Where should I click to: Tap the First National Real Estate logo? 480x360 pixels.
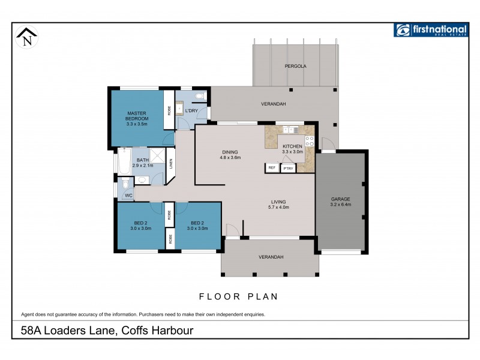pyautogui.click(x=430, y=30)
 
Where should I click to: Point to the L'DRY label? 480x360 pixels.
pyautogui.click(x=191, y=111)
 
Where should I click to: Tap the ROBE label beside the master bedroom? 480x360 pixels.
pyautogui.click(x=169, y=110)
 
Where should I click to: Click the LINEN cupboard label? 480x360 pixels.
pyautogui.click(x=171, y=163)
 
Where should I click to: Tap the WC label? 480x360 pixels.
pyautogui.click(x=128, y=196)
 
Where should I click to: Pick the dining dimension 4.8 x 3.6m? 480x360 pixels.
pyautogui.click(x=230, y=158)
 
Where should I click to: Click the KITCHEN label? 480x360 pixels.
pyautogui.click(x=293, y=146)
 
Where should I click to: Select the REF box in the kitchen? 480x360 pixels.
pyautogui.click(x=272, y=168)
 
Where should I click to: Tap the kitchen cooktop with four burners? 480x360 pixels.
pyautogui.click(x=310, y=142)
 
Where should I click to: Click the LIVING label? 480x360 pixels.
pyautogui.click(x=278, y=202)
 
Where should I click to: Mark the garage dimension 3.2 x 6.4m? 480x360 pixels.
pyautogui.click(x=340, y=205)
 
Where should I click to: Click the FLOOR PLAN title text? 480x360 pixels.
pyautogui.click(x=238, y=296)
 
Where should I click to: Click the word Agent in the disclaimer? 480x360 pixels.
pyautogui.click(x=29, y=314)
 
